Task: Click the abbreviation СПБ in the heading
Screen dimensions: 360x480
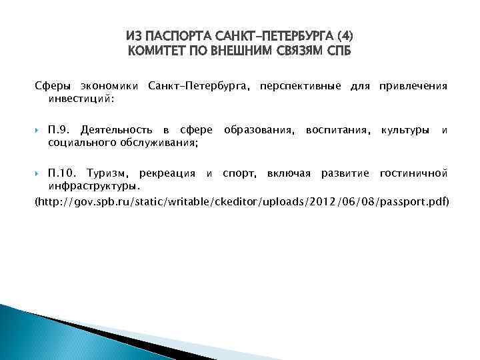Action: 336,51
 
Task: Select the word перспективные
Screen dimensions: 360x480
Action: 301,87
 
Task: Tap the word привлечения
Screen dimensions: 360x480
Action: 413,87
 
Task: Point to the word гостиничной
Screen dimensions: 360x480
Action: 413,174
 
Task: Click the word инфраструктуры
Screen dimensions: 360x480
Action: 94,185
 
